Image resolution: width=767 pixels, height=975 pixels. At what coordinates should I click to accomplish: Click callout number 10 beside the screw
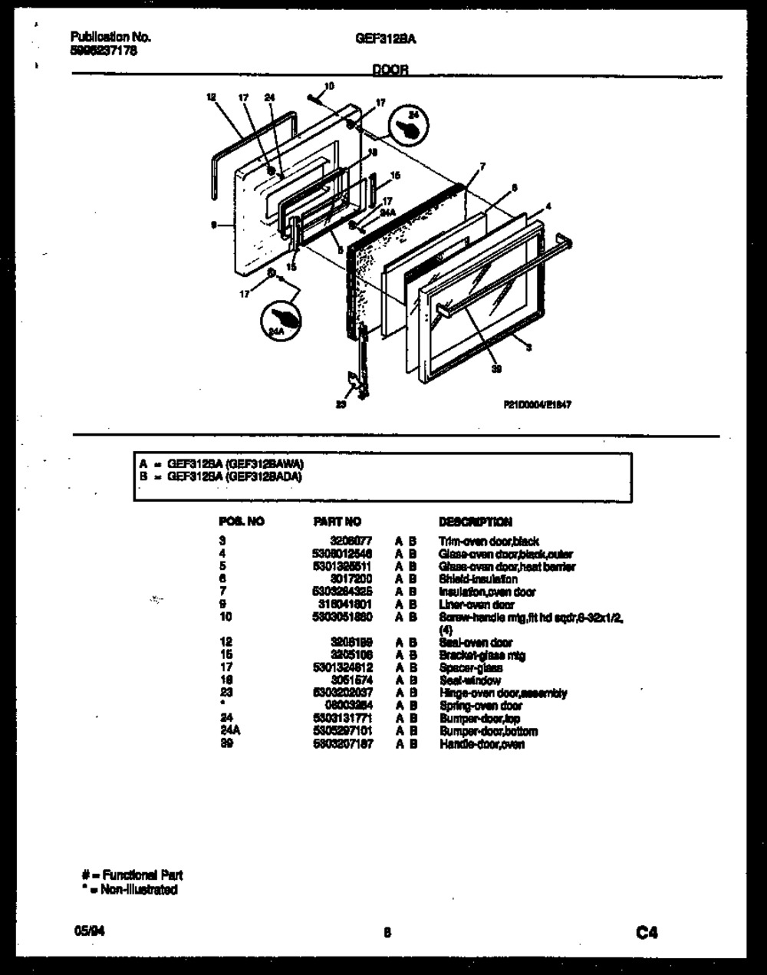pos(329,86)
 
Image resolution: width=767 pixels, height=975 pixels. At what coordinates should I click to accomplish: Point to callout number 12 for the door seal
pos(211,97)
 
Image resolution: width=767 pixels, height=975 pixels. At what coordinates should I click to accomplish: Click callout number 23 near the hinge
pos(341,406)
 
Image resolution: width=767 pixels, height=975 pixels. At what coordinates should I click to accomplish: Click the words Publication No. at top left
pos(110,36)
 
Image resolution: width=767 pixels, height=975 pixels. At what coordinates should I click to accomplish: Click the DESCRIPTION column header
pos(475,522)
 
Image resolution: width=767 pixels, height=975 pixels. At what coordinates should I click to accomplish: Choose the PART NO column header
pos(337,522)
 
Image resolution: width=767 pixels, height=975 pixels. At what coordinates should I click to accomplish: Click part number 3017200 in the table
pos(352,579)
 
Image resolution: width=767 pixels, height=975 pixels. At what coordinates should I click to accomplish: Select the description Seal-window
pos(469,680)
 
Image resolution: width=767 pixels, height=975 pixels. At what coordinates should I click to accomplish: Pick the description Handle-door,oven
pos(482,744)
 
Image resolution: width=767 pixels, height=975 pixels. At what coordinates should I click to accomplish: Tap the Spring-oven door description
pos(480,706)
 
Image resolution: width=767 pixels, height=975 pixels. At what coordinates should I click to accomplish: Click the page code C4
pos(647,933)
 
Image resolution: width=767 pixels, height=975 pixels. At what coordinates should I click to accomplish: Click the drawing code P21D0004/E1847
pos(537,406)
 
